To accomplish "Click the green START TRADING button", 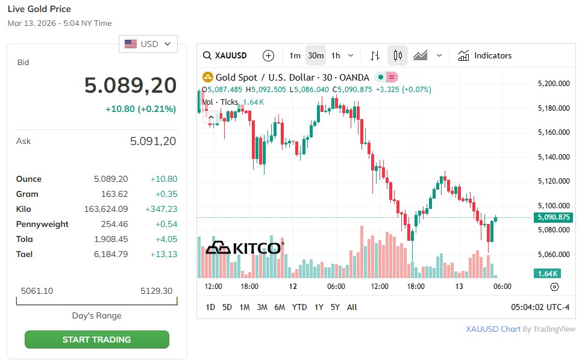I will [x=96, y=340].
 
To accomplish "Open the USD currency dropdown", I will [x=148, y=44].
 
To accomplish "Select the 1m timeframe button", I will [x=295, y=55].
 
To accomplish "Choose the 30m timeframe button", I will [x=316, y=55].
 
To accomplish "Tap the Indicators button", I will [x=485, y=55].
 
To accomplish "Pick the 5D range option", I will [x=227, y=307].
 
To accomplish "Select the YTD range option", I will [x=299, y=307].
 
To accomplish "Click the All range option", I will [x=352, y=307].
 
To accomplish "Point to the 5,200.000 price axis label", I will [x=554, y=84].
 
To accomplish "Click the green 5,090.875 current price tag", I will [x=553, y=217].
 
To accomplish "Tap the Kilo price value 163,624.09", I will [x=106, y=209].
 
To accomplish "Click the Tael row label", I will [x=24, y=254].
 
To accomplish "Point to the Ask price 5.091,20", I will [x=153, y=141].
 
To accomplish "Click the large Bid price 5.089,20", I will [x=130, y=85].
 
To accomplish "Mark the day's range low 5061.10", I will [x=37, y=291].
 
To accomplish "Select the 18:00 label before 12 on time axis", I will [x=249, y=287].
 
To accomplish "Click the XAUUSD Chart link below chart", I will [x=493, y=329].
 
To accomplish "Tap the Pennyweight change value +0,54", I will [x=166, y=224].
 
